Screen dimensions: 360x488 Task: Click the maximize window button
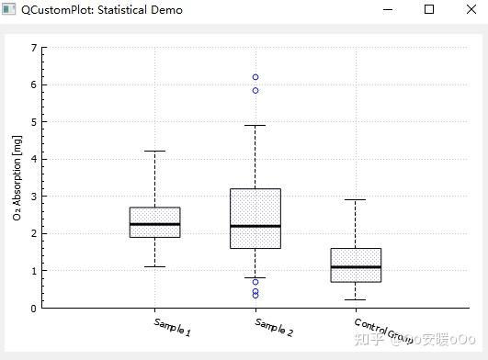click(428, 9)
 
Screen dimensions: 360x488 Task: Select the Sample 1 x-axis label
click(173, 327)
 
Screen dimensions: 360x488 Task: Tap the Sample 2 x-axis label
click(274, 327)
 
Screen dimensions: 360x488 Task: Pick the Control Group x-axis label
click(382, 330)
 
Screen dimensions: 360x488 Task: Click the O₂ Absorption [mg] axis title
click(17, 178)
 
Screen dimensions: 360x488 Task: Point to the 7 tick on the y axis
click(33, 48)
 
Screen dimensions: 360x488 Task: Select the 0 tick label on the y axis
click(33, 309)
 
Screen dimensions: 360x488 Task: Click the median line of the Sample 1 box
click(154, 224)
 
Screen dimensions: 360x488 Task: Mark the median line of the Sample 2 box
click(255, 226)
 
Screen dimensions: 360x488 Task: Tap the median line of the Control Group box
click(356, 267)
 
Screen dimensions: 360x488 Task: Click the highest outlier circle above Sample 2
click(255, 77)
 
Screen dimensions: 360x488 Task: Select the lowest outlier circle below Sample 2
click(255, 296)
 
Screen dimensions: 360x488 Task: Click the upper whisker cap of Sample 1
click(154, 151)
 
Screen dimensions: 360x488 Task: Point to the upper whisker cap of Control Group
click(356, 199)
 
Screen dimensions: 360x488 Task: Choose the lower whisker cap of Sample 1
click(154, 267)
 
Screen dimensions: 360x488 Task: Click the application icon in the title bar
click(9, 10)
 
